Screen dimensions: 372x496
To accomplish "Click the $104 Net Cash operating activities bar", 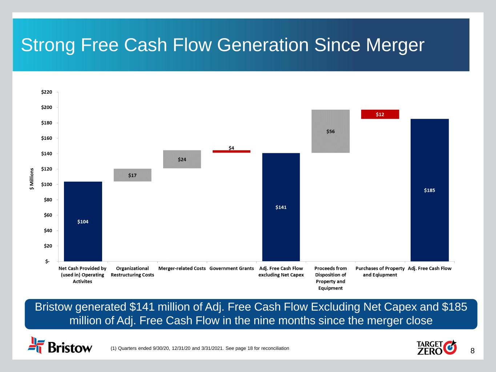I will tap(83, 221).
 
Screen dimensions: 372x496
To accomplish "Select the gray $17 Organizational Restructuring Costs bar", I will tap(132, 175).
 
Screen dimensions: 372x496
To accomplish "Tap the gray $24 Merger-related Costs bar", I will tap(182, 159).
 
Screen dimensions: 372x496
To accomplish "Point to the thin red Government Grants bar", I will tap(231, 151).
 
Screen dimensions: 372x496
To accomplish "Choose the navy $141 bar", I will tap(281, 207).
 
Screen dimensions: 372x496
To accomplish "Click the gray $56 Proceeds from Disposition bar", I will tap(330, 131).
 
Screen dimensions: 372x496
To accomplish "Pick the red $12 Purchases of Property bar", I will tap(380, 114).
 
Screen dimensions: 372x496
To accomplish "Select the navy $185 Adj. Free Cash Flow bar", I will tap(430, 190).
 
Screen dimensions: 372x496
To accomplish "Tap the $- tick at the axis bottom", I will tap(48, 262).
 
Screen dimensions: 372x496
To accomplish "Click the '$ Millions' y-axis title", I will tap(32, 179).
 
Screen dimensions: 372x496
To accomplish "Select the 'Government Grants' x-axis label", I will tap(231, 268).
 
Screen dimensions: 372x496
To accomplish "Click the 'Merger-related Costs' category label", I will tap(182, 268).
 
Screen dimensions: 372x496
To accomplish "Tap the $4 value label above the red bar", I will tap(231, 148).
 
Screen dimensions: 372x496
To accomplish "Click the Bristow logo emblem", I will tap(36, 345).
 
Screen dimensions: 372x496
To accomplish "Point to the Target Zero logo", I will tap(436, 347).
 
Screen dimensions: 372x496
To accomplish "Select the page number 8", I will tap(472, 351).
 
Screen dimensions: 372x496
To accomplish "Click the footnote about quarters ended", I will tap(200, 348).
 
